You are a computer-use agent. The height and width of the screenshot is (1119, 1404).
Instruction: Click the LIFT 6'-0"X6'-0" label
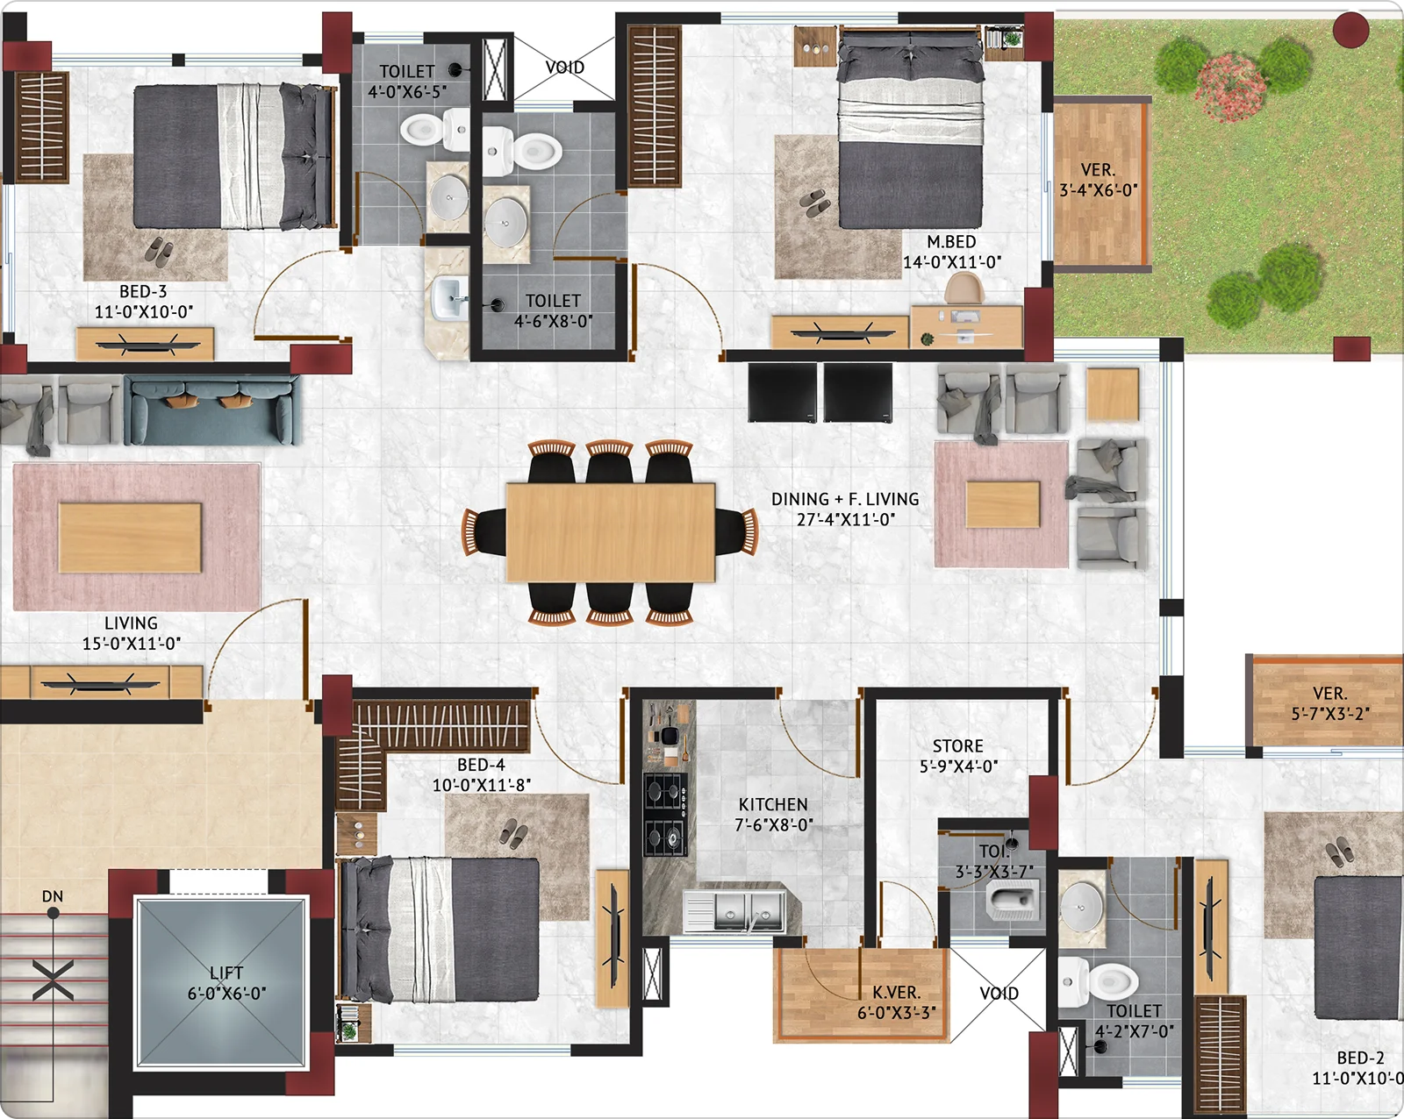click(226, 983)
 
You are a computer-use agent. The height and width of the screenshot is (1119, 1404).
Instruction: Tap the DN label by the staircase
click(53, 896)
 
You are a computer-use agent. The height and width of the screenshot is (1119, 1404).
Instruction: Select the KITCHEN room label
click(773, 804)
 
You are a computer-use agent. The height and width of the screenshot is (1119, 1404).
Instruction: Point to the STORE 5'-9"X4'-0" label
click(958, 756)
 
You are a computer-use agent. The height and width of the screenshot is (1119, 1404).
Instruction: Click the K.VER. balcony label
click(897, 993)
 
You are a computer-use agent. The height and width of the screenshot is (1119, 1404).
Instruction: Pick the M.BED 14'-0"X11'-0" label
click(952, 252)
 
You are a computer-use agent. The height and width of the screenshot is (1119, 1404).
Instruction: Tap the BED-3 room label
click(143, 291)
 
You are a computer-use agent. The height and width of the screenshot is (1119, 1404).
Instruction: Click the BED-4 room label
click(481, 764)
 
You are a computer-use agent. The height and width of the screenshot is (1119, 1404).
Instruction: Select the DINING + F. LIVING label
click(845, 499)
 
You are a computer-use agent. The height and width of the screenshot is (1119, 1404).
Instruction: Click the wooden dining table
click(611, 532)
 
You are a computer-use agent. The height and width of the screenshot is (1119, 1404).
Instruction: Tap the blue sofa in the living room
click(212, 410)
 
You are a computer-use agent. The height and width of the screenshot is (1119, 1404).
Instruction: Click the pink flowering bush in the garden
click(1230, 87)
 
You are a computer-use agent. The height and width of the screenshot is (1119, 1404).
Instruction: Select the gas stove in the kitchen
click(666, 815)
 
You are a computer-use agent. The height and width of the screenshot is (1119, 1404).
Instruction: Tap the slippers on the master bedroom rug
click(815, 203)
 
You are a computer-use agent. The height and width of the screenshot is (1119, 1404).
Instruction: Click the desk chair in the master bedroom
click(964, 289)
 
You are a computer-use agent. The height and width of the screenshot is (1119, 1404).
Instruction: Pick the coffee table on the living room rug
click(130, 538)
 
